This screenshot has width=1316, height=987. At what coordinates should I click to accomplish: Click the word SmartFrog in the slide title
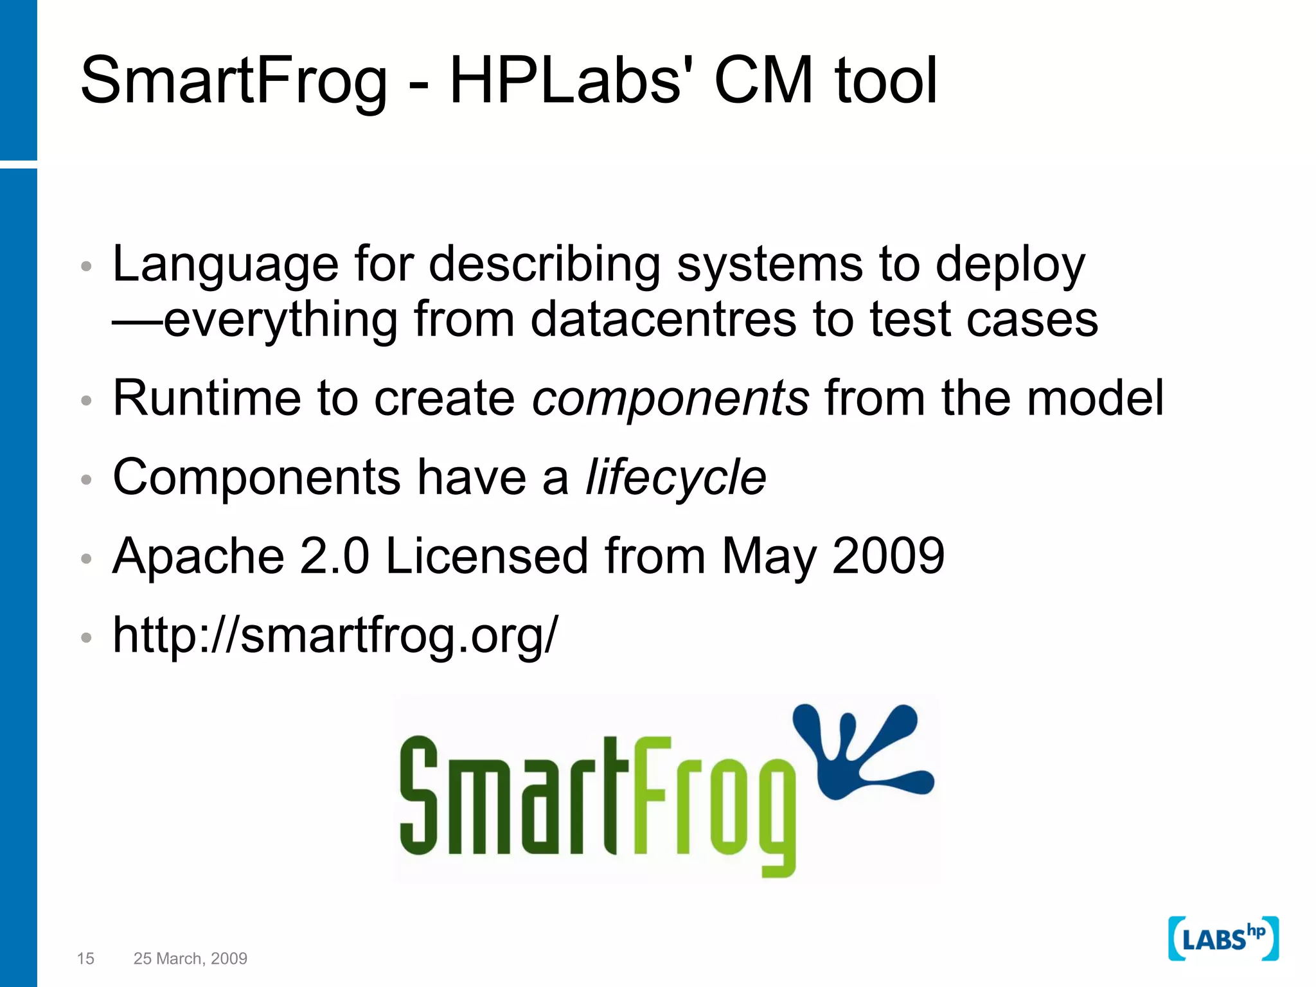click(234, 81)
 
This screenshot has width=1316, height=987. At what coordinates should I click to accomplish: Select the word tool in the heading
click(885, 81)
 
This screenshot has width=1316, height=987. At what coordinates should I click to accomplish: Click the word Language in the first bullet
click(225, 265)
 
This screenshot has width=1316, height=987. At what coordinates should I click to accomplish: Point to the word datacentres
click(663, 319)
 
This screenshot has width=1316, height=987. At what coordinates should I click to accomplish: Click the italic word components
click(670, 398)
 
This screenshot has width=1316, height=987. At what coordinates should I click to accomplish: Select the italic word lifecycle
click(675, 477)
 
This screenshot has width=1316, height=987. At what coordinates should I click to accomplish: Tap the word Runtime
click(207, 398)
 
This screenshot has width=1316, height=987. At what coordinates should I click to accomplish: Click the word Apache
click(199, 556)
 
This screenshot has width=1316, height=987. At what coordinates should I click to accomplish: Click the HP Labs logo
click(1223, 939)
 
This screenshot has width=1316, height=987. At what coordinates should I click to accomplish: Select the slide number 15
click(85, 959)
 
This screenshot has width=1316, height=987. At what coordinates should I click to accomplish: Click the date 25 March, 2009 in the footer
click(190, 959)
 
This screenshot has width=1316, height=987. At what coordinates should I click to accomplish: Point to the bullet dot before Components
click(87, 479)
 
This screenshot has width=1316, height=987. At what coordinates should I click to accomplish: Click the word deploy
click(1009, 265)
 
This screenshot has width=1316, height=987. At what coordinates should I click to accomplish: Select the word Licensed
click(486, 556)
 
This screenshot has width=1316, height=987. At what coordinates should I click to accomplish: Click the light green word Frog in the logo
click(713, 803)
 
